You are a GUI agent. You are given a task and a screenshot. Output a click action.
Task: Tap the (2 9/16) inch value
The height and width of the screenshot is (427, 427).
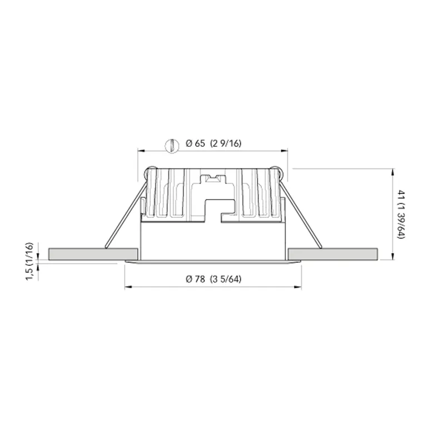pos(226,144)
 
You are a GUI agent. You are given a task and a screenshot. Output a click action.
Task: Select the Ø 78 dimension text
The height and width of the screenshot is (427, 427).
pos(196,279)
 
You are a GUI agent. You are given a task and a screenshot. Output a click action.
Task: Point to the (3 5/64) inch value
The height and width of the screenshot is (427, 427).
pos(226,279)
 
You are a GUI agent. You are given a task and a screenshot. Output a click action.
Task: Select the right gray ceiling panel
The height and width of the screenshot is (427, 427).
pos(333,254)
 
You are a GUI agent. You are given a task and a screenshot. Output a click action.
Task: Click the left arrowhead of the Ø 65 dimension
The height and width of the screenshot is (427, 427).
pos(141,150)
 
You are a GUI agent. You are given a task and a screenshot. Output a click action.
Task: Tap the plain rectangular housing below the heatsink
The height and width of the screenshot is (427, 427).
pos(213,239)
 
